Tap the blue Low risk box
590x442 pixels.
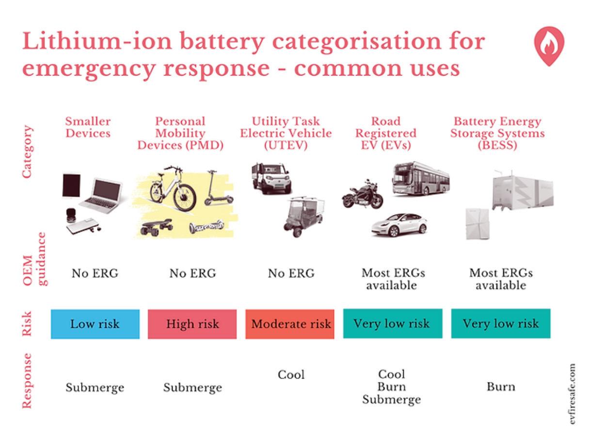click(x=95, y=324)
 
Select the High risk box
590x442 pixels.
click(x=192, y=324)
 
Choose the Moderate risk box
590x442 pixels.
click(x=290, y=324)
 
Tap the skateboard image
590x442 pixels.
click(x=156, y=226)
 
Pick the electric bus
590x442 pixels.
click(x=420, y=178)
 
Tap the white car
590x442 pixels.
click(x=399, y=224)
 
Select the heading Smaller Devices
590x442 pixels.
click(x=88, y=127)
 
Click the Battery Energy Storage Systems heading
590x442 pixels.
click(x=497, y=133)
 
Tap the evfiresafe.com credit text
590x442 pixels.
click(x=574, y=395)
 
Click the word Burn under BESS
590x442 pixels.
click(x=501, y=387)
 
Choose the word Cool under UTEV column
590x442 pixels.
click(x=291, y=375)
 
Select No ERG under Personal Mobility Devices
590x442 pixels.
click(x=192, y=274)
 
